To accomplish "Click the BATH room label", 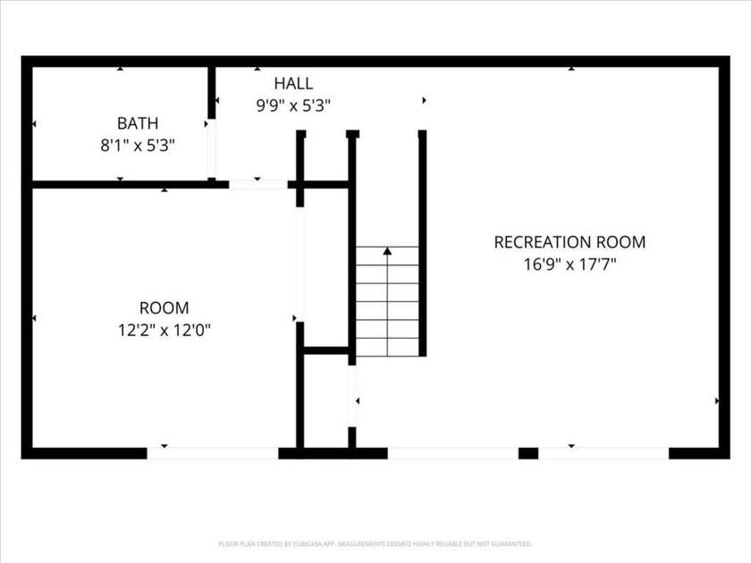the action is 138,123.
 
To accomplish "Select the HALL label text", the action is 293,83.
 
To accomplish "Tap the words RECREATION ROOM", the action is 570,242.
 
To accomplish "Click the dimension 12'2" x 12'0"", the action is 165,330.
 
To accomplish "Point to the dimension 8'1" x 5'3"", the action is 138,145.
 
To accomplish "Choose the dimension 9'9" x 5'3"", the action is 293,105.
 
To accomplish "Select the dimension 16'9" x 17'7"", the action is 570,265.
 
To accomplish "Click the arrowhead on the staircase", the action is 387,251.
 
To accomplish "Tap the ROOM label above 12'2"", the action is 165,307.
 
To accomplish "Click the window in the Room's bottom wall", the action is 213,453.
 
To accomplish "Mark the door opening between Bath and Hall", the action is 211,148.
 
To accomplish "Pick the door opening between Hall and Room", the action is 258,184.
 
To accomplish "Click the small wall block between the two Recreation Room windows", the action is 528,453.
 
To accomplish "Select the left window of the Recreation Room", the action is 453,453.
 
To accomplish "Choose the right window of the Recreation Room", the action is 603,453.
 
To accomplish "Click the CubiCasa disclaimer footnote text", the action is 375,544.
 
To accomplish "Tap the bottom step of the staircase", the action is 387,348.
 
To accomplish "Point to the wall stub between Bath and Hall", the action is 211,92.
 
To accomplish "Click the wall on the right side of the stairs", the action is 422,243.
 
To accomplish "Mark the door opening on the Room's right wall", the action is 300,265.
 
